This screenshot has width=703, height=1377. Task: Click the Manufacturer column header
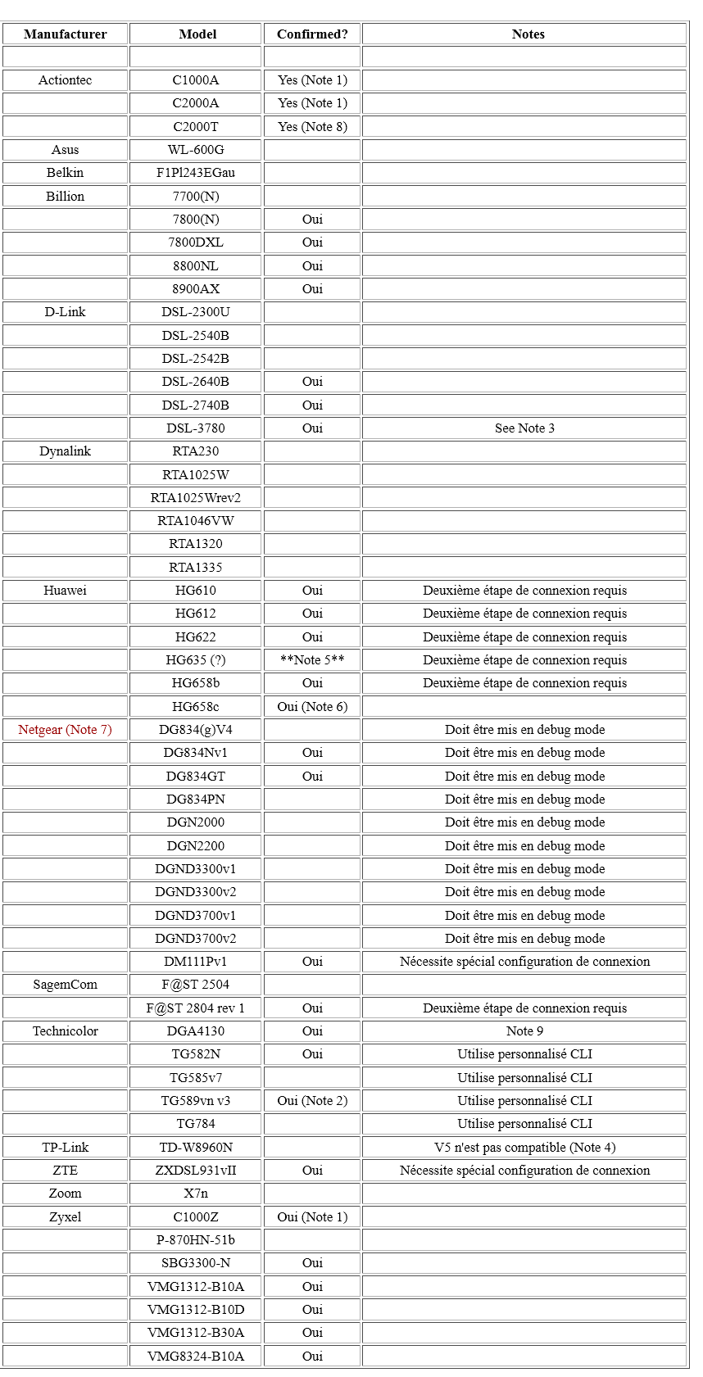pyautogui.click(x=66, y=34)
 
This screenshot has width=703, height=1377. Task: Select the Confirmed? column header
pyautogui.click(x=312, y=34)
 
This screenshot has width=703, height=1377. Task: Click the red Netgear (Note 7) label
pyautogui.click(x=66, y=730)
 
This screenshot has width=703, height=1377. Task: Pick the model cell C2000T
pyautogui.click(x=196, y=127)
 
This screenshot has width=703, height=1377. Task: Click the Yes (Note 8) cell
pyautogui.click(x=312, y=127)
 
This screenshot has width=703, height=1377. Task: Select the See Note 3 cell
pyautogui.click(x=524, y=428)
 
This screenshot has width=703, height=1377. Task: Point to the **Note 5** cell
pyautogui.click(x=312, y=660)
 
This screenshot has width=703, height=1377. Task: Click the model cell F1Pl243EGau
pyautogui.click(x=196, y=173)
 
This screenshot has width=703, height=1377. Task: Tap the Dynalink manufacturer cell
pyautogui.click(x=66, y=451)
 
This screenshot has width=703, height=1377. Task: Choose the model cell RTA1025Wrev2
pyautogui.click(x=196, y=498)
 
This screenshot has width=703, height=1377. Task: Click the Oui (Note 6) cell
pyautogui.click(x=312, y=707)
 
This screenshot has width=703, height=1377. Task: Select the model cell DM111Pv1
pyautogui.click(x=196, y=962)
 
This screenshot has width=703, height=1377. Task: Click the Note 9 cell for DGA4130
pyautogui.click(x=524, y=1031)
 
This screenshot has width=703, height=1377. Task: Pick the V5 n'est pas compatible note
pyautogui.click(x=524, y=1148)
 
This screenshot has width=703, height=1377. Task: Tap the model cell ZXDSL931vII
pyautogui.click(x=196, y=1171)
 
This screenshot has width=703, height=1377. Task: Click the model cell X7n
pyautogui.click(x=196, y=1194)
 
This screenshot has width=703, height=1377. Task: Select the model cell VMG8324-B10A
pyautogui.click(x=196, y=1356)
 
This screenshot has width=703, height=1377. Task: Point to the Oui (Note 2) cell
pyautogui.click(x=312, y=1101)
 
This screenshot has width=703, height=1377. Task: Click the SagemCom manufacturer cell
pyautogui.click(x=66, y=985)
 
